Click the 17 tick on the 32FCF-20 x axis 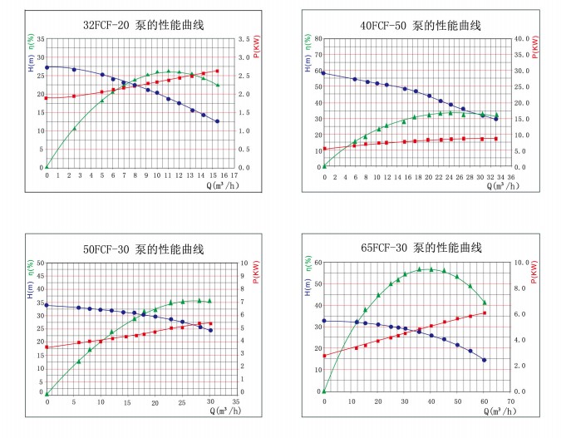point(234,175)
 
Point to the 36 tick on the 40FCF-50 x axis point(511,175)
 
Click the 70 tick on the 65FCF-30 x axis point(511,400)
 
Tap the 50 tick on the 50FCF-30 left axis point(40,263)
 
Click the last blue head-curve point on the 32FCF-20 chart point(218,121)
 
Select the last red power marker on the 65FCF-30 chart point(485,313)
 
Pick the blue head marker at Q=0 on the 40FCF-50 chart point(323,73)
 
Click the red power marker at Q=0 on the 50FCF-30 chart point(47,347)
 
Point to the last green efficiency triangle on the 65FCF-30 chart point(485,302)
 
